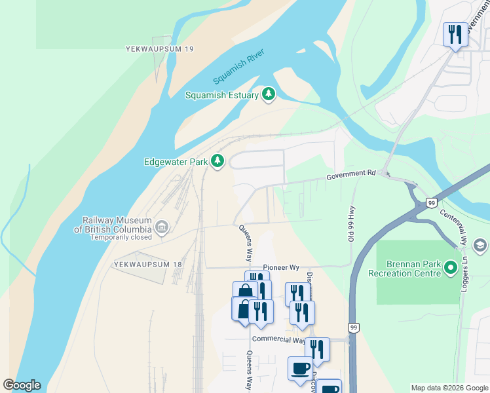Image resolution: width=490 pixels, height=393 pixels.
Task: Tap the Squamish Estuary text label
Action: pos(221,95)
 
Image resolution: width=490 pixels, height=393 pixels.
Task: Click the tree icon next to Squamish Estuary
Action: pos(268,95)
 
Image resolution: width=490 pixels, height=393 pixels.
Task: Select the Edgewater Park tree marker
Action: pos(217,161)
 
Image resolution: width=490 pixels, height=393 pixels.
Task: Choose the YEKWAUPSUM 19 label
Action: pos(160,49)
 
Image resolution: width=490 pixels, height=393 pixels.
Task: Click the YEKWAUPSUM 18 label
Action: pos(147,264)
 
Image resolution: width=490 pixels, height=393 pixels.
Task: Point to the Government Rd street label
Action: pos(351,174)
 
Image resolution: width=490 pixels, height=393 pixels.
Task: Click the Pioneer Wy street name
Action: pos(281,268)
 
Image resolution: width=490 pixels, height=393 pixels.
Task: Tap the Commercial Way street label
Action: pos(279,339)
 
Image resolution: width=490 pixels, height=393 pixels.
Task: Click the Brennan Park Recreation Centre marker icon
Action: pos(450,268)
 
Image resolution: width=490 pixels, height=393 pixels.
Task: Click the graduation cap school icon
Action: pos(480,245)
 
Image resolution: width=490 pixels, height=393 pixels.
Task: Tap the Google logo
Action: pos(22,385)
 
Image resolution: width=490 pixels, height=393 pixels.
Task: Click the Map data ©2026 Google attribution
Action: pos(449,388)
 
